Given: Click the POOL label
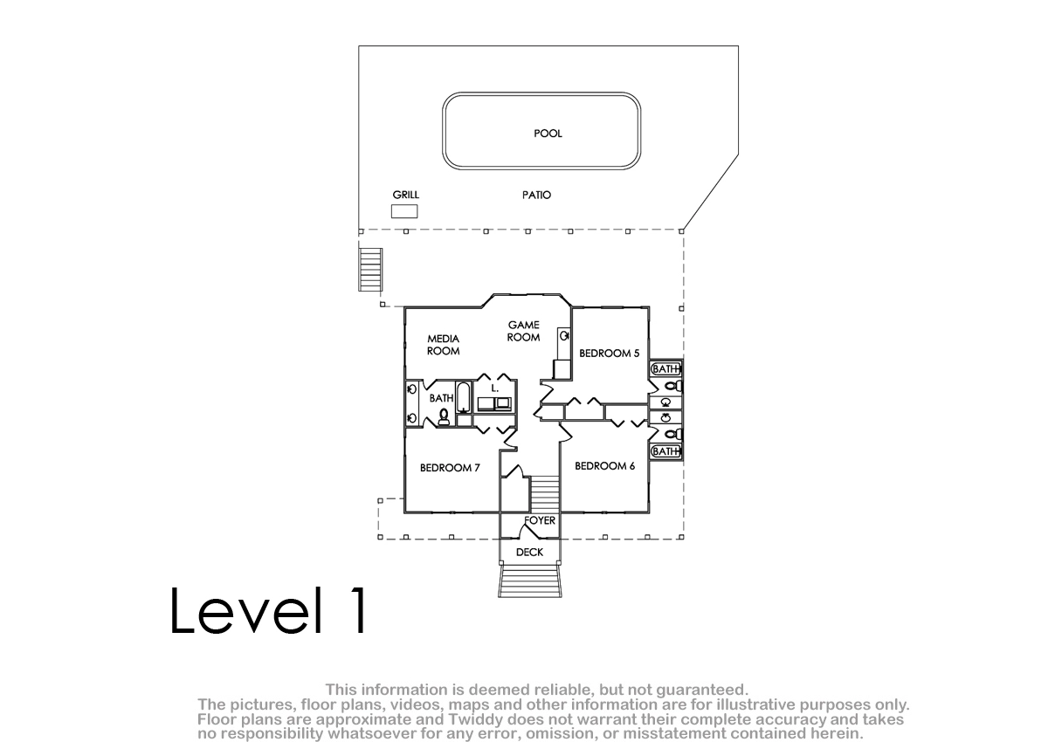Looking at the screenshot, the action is (548, 134).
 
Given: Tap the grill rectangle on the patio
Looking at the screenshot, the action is (404, 211).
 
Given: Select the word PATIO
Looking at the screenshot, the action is (536, 195).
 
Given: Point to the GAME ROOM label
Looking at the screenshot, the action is (523, 331).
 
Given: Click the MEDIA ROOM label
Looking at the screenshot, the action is (443, 345).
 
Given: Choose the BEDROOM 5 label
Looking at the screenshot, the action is (610, 354).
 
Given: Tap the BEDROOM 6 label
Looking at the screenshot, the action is (604, 466).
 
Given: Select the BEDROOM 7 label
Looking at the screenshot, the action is (450, 468).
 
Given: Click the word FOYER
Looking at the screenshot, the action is (540, 521).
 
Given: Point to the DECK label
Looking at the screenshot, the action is (529, 553).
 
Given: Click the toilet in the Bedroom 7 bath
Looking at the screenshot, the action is (443, 416).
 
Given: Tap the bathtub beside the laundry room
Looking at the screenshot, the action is (463, 398).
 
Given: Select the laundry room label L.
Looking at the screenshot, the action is (494, 388).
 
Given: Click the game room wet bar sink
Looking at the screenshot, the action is (564, 336).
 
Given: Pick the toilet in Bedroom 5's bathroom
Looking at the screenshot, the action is (673, 386).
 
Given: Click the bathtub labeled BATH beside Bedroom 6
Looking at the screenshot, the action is (665, 451).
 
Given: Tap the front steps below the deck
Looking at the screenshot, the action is (529, 581).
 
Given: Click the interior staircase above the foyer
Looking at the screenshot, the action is (545, 494).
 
